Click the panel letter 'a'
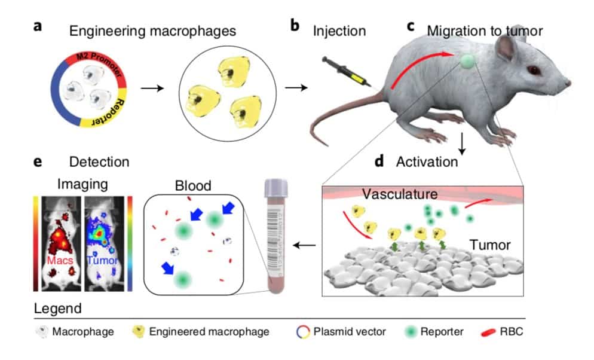coord(38,26)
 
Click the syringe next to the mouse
coord(346,71)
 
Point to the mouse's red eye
coord(534,70)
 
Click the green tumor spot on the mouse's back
coord(467,60)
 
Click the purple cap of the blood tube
coord(276,188)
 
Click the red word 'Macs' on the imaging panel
coord(60,261)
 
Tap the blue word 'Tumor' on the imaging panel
coord(102,261)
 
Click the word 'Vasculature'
coord(400,194)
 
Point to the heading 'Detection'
coord(99,162)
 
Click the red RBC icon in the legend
coord(488,332)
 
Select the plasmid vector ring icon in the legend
coord(303,332)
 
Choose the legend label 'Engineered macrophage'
coord(209,331)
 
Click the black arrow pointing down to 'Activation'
coord(462,144)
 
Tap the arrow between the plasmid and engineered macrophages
coord(152,89)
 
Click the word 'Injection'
coord(339,31)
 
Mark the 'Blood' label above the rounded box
coord(193,186)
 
